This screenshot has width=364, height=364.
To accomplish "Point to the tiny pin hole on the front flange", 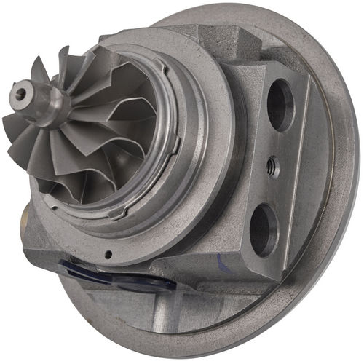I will tap(108, 254).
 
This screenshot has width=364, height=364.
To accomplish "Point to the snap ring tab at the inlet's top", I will tap(157, 66).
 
